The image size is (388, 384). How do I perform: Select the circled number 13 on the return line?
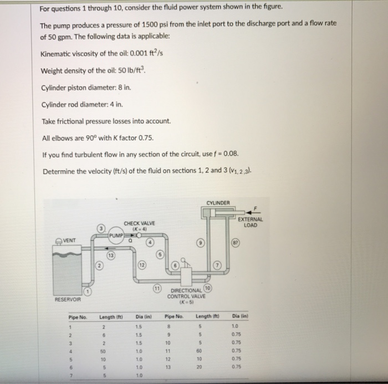tap(111, 255)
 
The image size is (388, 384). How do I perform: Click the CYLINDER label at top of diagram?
tap(217, 202)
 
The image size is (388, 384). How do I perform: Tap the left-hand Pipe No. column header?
tap(78, 316)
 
